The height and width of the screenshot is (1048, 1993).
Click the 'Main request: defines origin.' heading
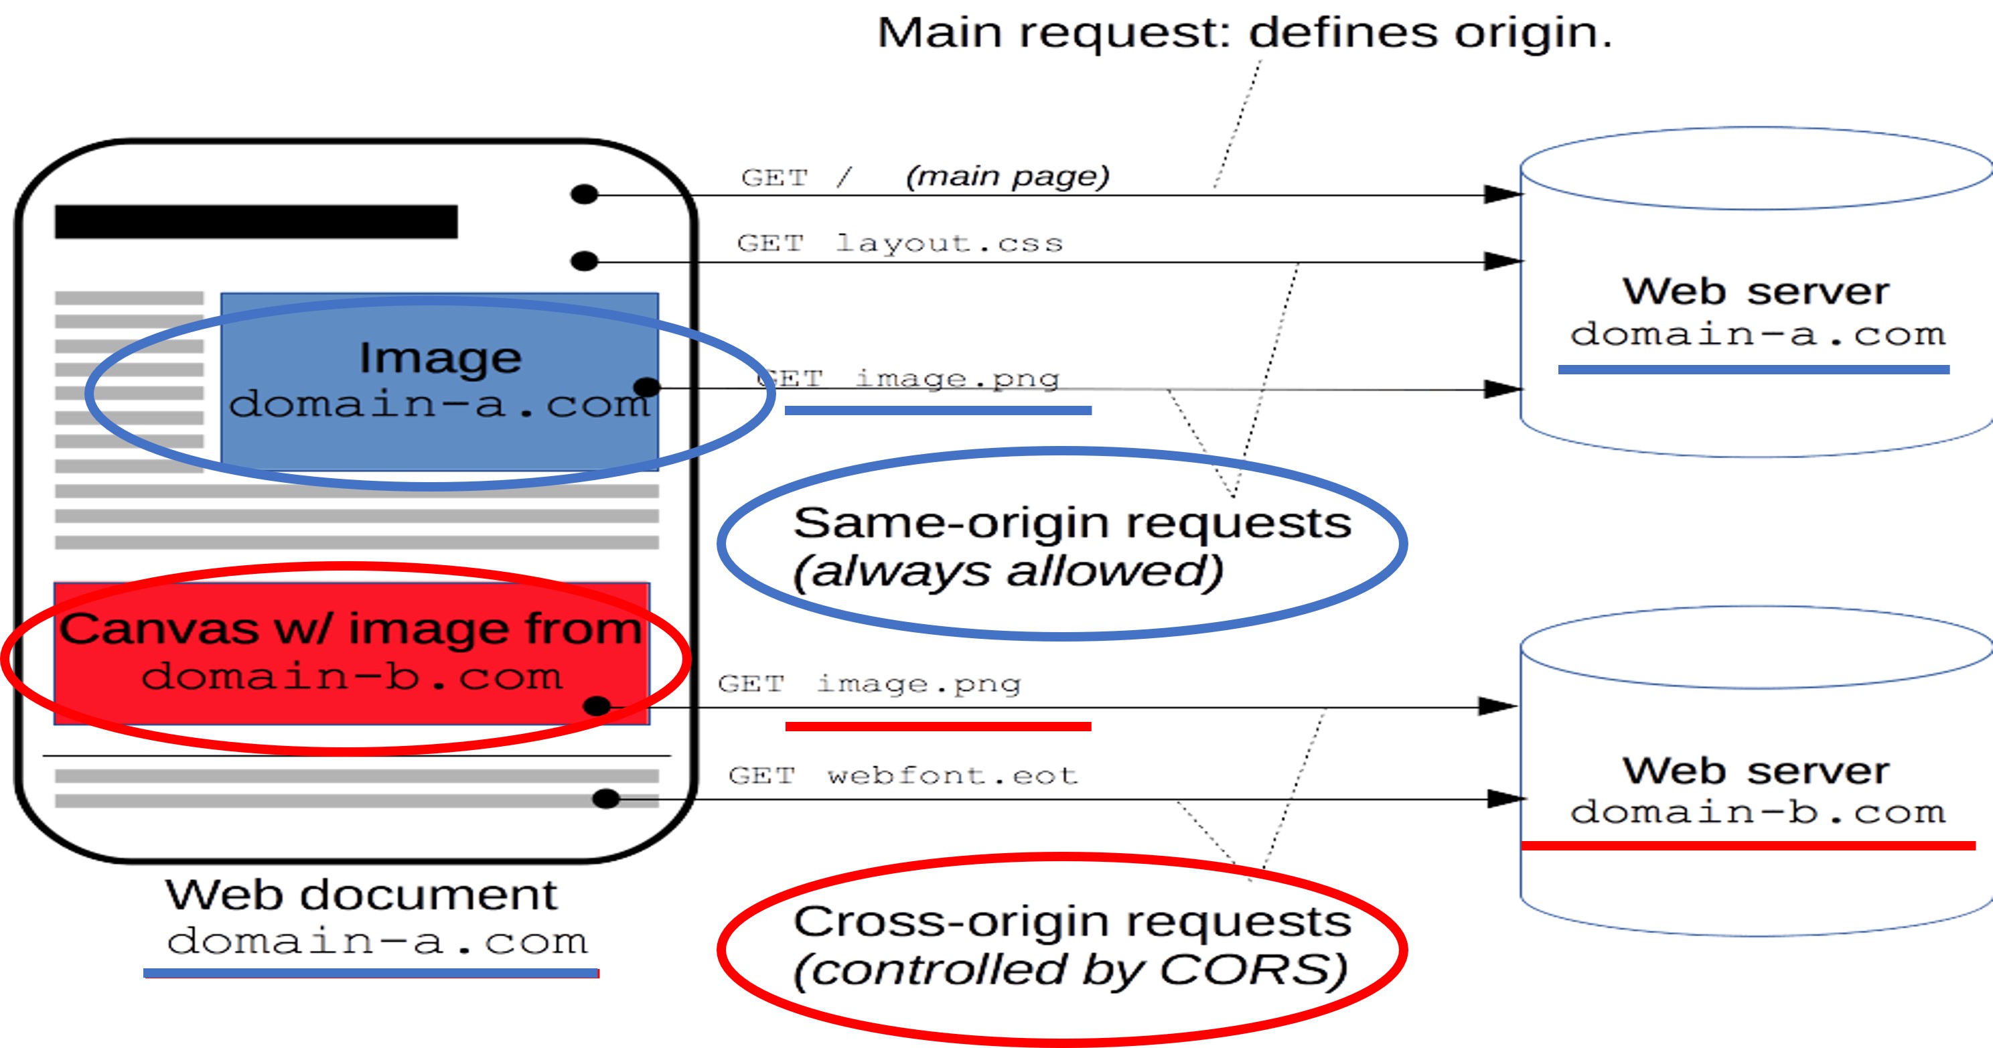[x=1244, y=33]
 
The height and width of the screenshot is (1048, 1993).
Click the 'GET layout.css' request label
[x=900, y=244]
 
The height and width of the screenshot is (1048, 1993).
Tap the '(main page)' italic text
[x=1007, y=176]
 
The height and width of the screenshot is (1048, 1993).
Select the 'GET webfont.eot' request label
[x=903, y=775]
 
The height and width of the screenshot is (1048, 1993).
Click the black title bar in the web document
[x=256, y=222]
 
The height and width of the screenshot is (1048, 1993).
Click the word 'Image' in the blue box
[x=439, y=358]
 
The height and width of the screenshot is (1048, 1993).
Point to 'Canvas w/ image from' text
[x=350, y=628]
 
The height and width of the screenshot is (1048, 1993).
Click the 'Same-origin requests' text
[x=1072, y=524]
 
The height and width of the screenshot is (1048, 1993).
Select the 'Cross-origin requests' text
[x=1072, y=922]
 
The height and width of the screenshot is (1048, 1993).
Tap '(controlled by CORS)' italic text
[x=1071, y=970]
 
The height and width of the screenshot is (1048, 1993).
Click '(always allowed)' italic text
[x=1007, y=572]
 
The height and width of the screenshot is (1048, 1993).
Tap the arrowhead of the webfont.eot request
[x=1505, y=798]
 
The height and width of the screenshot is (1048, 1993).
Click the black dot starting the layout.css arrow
[x=584, y=261]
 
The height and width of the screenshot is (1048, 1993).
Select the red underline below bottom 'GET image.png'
[x=938, y=727]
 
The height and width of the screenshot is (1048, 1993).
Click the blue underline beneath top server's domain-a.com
[x=1753, y=370]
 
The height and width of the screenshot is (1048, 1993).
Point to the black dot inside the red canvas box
[x=597, y=705]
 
